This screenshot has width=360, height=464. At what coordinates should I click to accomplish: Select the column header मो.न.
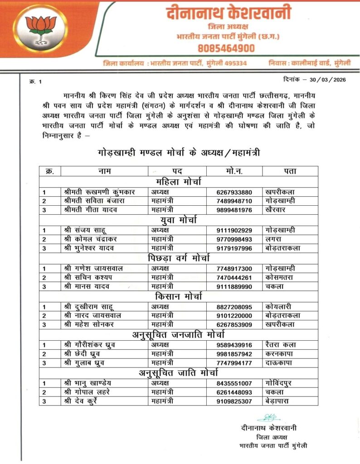tap(234, 171)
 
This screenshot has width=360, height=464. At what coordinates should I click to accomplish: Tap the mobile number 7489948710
tap(234, 200)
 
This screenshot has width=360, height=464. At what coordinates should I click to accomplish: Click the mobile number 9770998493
tap(234, 239)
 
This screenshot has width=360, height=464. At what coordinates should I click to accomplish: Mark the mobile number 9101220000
tap(234, 315)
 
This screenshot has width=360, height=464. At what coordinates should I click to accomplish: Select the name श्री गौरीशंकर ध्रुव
tap(90, 344)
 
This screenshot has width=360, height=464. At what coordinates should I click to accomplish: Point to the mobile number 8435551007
tap(234, 383)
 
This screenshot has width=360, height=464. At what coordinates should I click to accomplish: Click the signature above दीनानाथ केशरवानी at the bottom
tap(269, 417)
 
